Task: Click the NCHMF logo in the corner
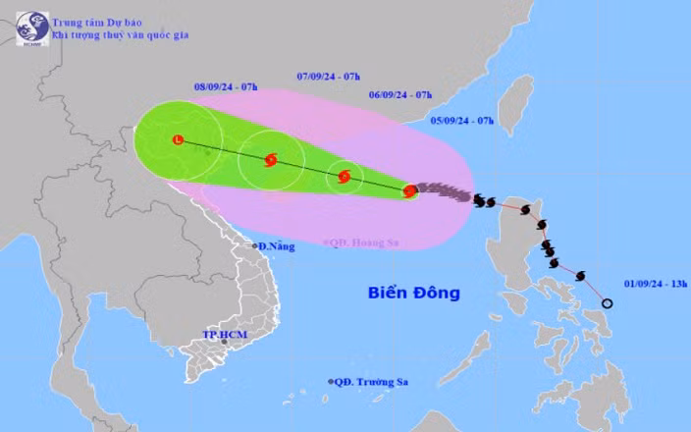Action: pos(31,27)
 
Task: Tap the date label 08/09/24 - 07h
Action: pos(226,88)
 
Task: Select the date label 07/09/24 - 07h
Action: pos(328,76)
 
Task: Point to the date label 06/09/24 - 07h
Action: pos(400,94)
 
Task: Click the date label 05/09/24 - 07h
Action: pos(462,120)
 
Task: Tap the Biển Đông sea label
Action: pos(413,293)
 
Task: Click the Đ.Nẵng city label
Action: pos(276,245)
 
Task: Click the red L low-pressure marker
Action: pos(178,140)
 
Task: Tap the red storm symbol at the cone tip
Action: pos(410,190)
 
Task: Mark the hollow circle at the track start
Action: pos(606,303)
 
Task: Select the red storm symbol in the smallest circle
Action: pos(345,177)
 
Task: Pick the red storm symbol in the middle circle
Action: pos(271,160)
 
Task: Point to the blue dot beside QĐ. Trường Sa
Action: pos(331,381)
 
